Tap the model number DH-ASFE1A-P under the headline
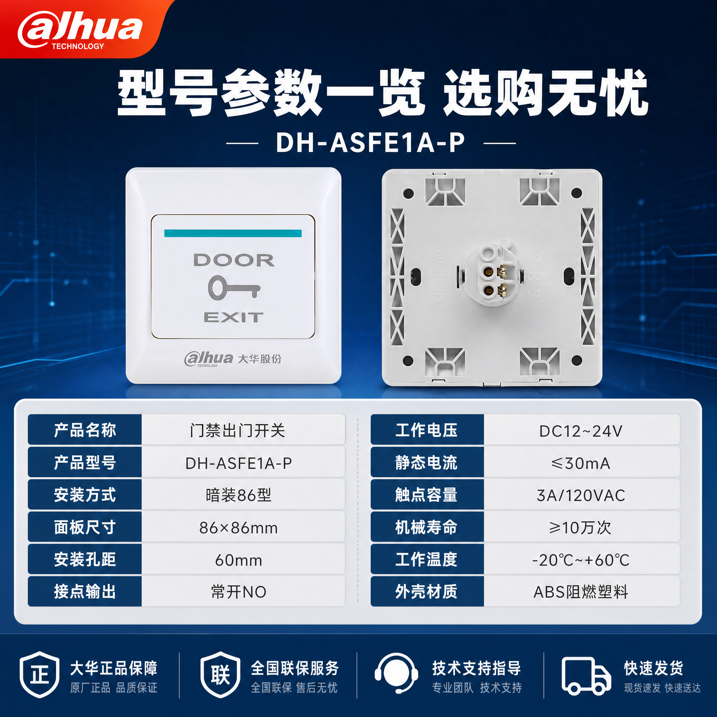click(x=370, y=142)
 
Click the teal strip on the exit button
click(x=233, y=233)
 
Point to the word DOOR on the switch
click(x=234, y=260)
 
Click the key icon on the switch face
click(x=234, y=287)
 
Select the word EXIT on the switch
click(x=234, y=317)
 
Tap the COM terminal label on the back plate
click(x=537, y=277)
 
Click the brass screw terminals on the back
click(x=503, y=281)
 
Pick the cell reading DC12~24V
click(x=581, y=431)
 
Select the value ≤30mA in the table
click(x=581, y=463)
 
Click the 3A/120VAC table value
click(x=581, y=495)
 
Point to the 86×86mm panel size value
click(x=238, y=528)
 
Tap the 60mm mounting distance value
click(x=239, y=560)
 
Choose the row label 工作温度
click(x=426, y=559)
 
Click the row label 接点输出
click(x=85, y=592)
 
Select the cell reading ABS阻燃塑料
click(x=581, y=592)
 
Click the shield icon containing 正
click(x=39, y=674)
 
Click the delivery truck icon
click(x=586, y=676)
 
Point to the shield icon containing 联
click(x=221, y=674)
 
